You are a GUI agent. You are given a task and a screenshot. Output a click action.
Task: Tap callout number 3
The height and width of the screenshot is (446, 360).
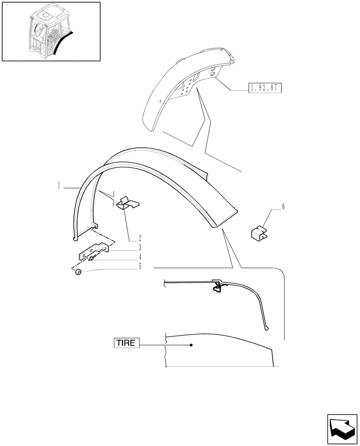[140, 247]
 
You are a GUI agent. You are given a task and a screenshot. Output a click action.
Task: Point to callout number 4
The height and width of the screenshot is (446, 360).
[140, 257]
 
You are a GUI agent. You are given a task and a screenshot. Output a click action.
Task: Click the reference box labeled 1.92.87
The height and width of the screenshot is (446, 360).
[264, 87]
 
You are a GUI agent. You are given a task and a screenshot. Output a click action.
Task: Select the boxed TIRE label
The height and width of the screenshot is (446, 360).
[127, 343]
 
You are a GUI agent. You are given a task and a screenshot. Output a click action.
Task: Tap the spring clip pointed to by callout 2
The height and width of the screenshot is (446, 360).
[127, 203]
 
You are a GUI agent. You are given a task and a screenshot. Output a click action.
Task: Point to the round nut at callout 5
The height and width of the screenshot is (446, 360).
[78, 273]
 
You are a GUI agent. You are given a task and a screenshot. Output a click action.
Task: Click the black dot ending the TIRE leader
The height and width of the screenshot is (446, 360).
[191, 345]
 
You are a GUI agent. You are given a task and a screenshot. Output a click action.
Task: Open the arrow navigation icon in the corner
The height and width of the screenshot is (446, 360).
[342, 429]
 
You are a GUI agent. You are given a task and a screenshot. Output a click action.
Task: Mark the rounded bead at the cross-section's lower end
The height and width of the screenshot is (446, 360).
[266, 329]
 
